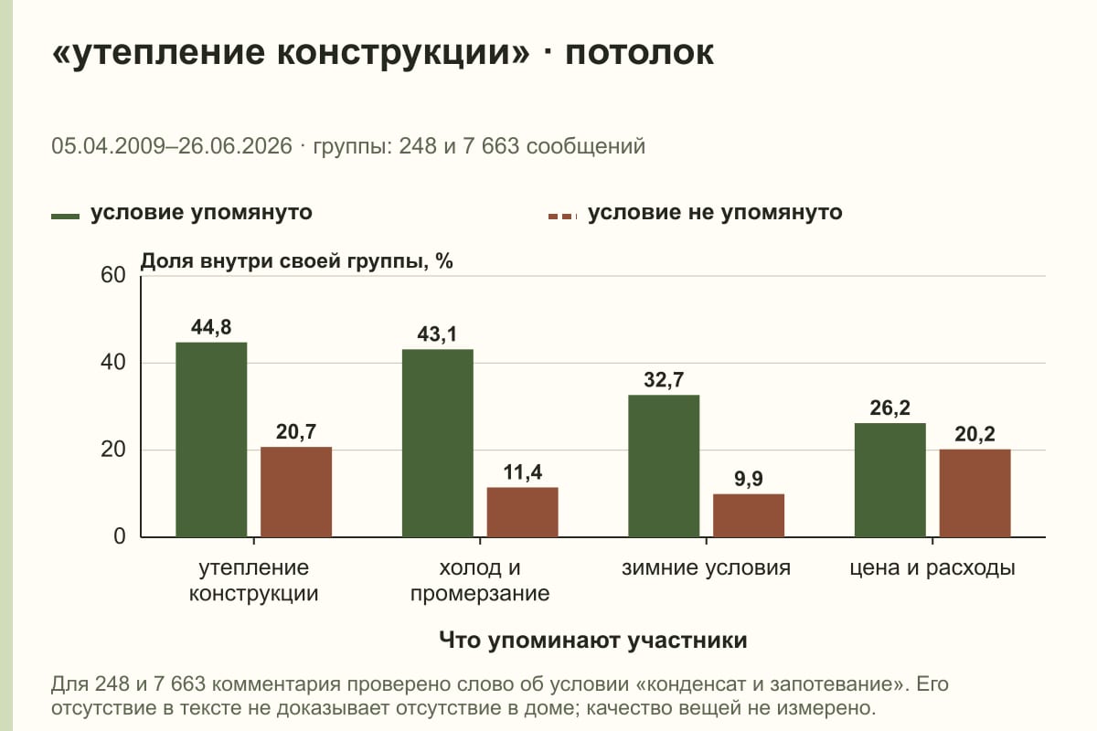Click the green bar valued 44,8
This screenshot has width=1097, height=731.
click(x=211, y=440)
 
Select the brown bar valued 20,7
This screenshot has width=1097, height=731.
click(x=296, y=493)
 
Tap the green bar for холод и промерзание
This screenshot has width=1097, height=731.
click(x=437, y=443)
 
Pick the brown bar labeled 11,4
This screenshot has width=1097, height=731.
click(x=522, y=512)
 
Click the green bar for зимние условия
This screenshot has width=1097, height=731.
click(x=664, y=466)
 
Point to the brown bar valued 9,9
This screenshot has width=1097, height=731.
click(x=749, y=515)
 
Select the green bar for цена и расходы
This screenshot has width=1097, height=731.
click(x=889, y=481)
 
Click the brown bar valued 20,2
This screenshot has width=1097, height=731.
click(x=975, y=493)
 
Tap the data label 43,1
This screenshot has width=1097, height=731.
click(x=437, y=334)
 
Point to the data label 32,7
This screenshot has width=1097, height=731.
click(x=664, y=379)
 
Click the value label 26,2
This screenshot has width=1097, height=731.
click(x=889, y=408)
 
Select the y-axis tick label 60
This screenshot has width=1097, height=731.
click(x=113, y=275)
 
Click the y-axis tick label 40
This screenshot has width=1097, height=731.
click(x=113, y=363)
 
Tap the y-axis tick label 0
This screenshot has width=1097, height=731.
click(x=120, y=536)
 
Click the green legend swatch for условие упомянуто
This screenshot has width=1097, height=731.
click(x=65, y=217)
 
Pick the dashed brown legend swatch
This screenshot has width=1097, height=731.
click(x=563, y=217)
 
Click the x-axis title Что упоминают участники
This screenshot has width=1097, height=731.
click(x=593, y=640)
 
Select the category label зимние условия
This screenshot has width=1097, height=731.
click(x=706, y=568)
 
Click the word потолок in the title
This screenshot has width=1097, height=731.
click(x=640, y=52)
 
